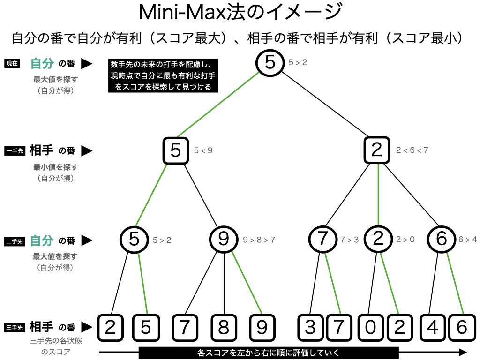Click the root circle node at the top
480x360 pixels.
(270, 63)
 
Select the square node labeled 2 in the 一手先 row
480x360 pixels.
(377, 150)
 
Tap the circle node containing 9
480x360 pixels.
(224, 239)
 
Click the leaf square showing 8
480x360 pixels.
(223, 327)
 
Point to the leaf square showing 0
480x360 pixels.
(370, 327)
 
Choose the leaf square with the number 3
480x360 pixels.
(310, 327)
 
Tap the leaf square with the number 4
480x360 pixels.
(433, 327)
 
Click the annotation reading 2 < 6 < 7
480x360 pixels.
(412, 150)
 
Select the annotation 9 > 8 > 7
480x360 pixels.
(259, 240)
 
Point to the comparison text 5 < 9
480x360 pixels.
(203, 151)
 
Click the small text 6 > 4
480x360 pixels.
(467, 240)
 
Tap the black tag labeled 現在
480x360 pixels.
(12, 64)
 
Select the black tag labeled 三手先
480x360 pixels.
(14, 327)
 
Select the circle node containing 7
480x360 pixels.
(322, 239)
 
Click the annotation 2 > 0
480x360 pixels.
(405, 240)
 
